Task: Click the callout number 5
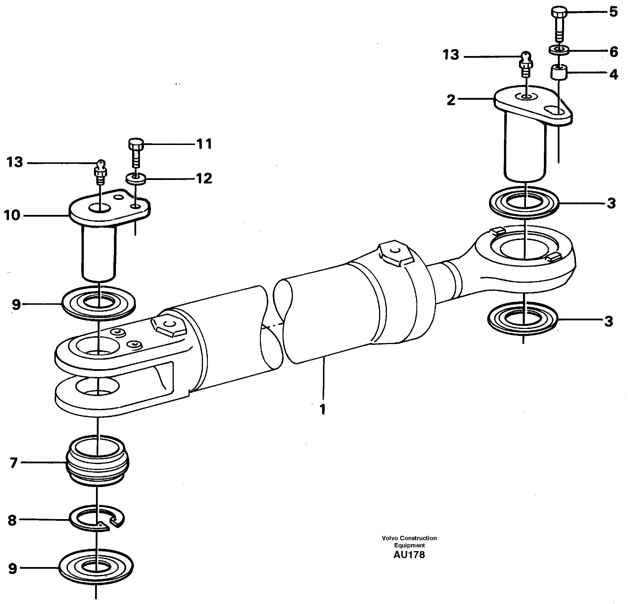coord(613,12)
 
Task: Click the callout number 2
coord(451,100)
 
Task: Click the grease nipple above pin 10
coord(100,172)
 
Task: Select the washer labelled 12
coord(136,178)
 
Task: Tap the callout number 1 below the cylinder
coord(323,409)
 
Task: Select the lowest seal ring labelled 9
coord(96,567)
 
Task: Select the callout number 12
coord(204,178)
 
